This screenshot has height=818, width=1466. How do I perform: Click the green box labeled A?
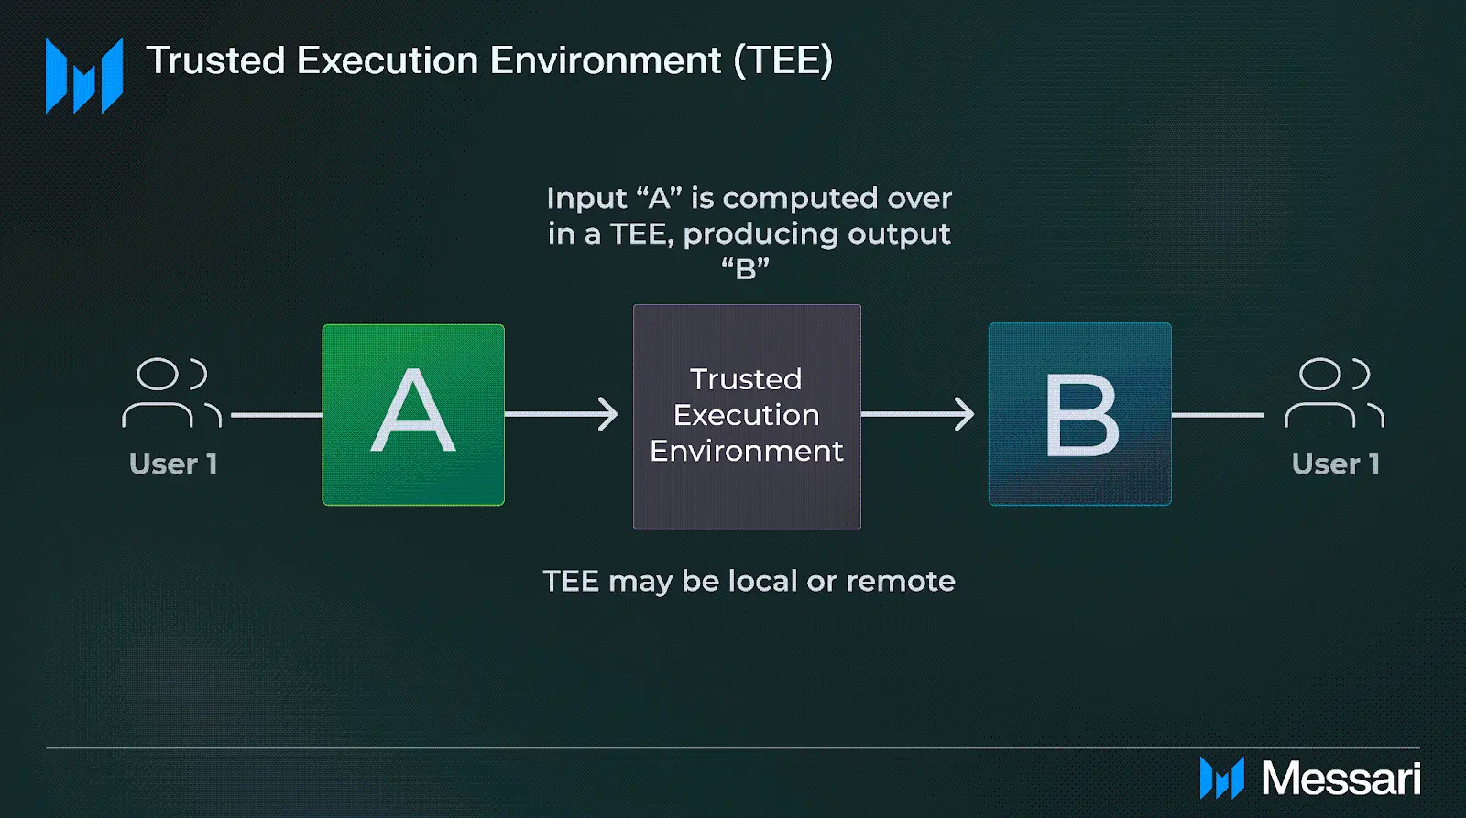(x=413, y=415)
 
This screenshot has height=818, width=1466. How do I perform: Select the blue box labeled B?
(x=1080, y=414)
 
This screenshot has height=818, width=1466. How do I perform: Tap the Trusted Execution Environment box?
(x=747, y=416)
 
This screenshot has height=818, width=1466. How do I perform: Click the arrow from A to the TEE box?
(x=562, y=414)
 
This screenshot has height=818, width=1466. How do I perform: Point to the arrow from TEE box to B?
(x=917, y=414)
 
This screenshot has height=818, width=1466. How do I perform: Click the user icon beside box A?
(x=172, y=393)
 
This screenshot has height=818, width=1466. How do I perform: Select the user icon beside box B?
(x=1334, y=393)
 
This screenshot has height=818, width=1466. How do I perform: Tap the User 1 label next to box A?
(x=173, y=464)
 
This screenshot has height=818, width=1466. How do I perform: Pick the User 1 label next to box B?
(x=1336, y=464)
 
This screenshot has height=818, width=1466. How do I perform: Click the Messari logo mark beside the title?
(x=84, y=75)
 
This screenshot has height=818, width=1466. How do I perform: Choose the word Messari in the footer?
(x=1341, y=779)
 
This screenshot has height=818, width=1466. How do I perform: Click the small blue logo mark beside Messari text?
(x=1222, y=778)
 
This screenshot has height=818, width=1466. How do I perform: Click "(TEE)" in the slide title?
(x=783, y=60)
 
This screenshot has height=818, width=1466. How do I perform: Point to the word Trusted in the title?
(x=216, y=60)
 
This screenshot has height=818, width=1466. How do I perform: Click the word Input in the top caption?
(x=587, y=199)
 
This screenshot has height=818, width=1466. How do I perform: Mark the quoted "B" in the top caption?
(x=746, y=268)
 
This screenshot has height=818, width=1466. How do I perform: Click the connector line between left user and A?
(x=276, y=415)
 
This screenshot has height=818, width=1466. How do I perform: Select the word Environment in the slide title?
(x=606, y=60)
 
